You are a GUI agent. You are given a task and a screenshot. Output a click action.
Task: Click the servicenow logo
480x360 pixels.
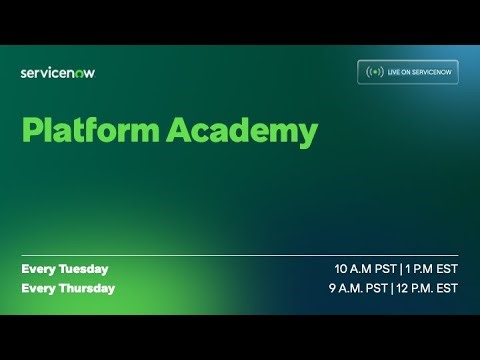[58, 72]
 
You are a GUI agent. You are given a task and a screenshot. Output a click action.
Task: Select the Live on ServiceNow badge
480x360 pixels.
[408, 72]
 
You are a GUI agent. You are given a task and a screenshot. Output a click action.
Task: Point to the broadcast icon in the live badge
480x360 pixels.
[375, 72]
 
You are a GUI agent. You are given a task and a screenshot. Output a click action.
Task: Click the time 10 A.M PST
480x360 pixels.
[366, 269]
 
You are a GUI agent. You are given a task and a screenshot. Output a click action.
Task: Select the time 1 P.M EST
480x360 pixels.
[431, 269]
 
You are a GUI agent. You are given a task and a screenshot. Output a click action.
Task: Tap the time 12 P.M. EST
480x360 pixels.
[428, 288]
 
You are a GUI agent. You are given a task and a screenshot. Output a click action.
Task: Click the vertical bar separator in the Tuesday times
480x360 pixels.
[400, 269]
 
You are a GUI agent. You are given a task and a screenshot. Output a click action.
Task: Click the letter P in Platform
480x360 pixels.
[30, 131]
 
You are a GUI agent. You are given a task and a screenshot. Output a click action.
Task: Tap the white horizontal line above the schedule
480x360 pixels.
[240, 256]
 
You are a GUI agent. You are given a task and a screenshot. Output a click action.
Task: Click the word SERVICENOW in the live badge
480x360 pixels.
[429, 72]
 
